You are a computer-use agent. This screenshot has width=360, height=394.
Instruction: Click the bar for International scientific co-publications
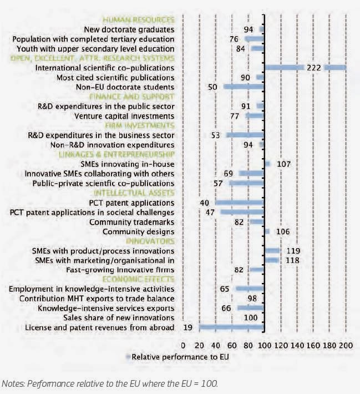[x=305, y=68]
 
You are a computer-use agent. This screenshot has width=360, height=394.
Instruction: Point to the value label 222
[x=314, y=68]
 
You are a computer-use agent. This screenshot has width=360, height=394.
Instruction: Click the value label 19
[x=188, y=327]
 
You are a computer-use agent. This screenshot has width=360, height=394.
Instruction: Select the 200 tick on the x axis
[x=346, y=346]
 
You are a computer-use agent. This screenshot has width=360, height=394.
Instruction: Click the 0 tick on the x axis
[x=182, y=346]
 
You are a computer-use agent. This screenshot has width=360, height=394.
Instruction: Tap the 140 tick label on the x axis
[x=297, y=346]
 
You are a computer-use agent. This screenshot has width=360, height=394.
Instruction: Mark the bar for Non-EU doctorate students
[x=244, y=87]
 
